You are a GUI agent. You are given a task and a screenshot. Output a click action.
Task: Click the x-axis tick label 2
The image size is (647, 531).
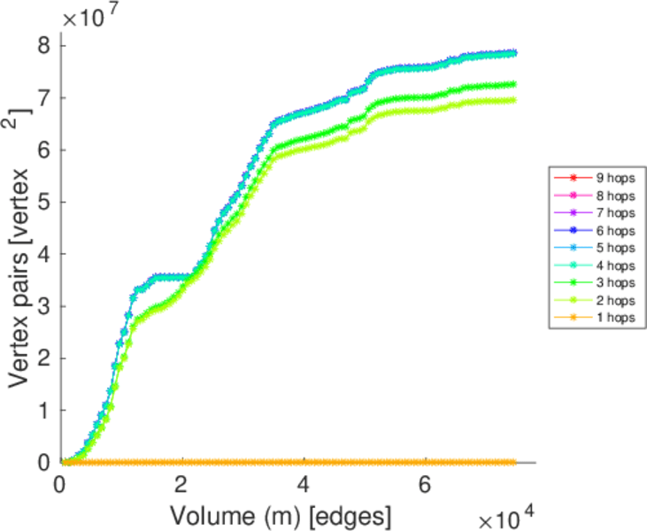tap(181, 485)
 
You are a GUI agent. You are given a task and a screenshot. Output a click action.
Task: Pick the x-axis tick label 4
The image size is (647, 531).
tap(304, 485)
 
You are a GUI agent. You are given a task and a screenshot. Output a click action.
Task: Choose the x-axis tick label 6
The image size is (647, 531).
tap(426, 485)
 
